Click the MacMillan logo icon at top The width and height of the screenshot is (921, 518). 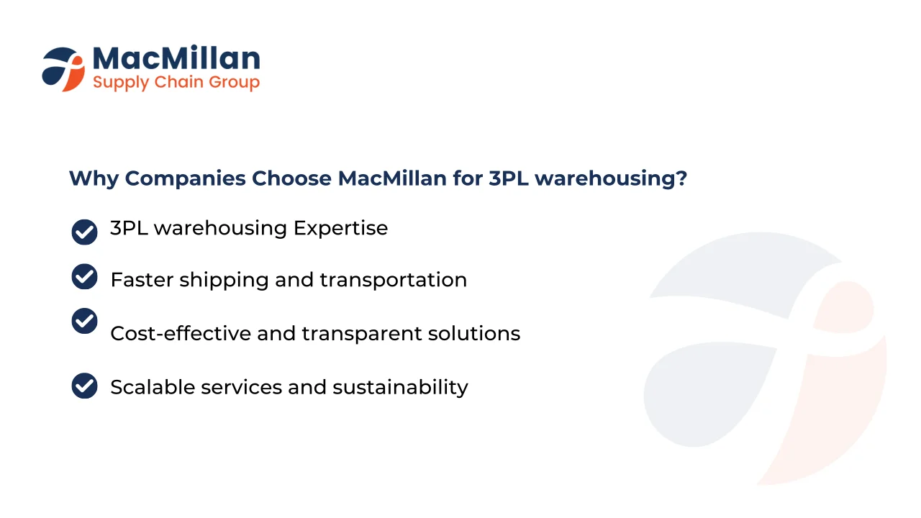coord(63,69)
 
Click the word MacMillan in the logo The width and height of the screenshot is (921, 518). coord(176,58)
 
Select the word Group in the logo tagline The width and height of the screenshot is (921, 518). coord(234,83)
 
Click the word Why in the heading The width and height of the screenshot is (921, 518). coord(94,179)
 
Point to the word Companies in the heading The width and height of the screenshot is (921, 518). coord(186,179)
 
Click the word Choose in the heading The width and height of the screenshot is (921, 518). coord(291,178)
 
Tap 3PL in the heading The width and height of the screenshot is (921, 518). coord(509,178)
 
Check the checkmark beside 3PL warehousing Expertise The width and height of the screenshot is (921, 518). coord(84,232)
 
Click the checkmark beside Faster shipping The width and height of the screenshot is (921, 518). coord(84,276)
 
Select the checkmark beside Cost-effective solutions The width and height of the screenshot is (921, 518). coord(84,321)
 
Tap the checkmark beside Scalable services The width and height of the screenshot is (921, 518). coord(84,386)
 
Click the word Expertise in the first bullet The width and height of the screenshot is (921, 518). coord(340,229)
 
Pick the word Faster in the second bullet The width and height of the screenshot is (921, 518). coord(142,280)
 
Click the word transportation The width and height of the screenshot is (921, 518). coord(394,281)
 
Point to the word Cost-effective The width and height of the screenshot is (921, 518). coord(181,333)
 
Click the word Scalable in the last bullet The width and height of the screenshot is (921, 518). coord(153,387)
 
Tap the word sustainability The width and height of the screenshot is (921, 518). coord(400,388)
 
